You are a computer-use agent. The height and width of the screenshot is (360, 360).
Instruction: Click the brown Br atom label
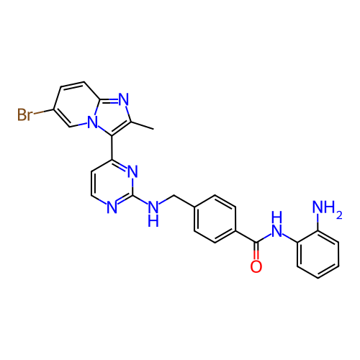tap(24, 114)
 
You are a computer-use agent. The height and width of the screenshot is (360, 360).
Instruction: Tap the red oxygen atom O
tap(256, 266)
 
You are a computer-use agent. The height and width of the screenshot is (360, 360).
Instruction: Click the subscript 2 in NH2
tap(339, 215)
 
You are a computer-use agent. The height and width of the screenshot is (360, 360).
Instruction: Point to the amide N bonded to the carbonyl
tap(276, 230)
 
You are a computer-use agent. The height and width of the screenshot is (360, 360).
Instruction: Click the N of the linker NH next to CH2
tap(153, 207)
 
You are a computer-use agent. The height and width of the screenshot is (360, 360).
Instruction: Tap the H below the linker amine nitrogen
tap(153, 221)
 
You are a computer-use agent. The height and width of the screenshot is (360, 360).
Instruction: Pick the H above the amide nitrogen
tap(276, 217)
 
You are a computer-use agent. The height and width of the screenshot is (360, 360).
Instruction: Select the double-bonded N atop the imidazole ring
tap(124, 99)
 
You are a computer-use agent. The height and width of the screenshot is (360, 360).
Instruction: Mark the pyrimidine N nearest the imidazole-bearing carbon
tap(132, 171)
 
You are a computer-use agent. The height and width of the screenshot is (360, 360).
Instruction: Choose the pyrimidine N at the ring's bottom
tap(112, 207)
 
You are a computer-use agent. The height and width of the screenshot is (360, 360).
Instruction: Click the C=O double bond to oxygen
tap(256, 251)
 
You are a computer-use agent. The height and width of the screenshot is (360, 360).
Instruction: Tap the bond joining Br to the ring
tap(44, 112)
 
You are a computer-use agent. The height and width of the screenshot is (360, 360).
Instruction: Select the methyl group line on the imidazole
tap(143, 126)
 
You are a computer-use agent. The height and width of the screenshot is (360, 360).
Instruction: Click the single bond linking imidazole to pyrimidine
tap(112, 148)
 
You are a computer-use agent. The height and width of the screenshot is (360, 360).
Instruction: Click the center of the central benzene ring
tap(215, 219)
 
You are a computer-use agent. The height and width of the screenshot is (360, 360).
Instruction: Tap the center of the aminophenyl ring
tap(318, 254)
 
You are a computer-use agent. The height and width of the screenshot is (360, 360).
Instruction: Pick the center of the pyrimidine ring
tap(112, 183)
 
